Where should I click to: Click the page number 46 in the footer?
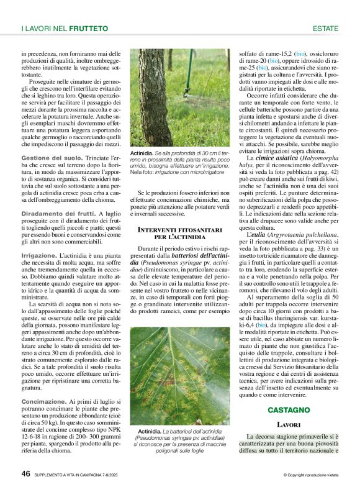[26, 473]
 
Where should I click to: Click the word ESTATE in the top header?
[325, 29]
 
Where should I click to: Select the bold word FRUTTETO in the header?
[89, 29]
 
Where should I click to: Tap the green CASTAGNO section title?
[288, 410]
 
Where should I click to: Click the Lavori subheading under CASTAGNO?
[289, 424]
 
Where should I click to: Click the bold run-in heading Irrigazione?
[39, 255]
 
